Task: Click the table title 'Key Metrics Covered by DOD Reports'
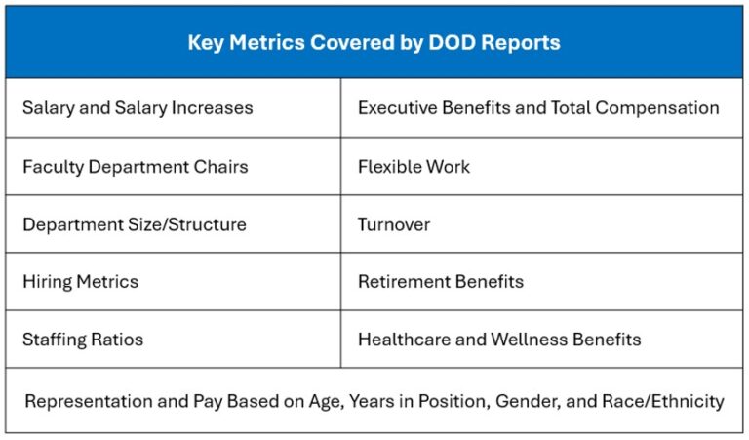click(374, 43)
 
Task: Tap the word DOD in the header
click(452, 42)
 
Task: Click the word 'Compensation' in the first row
click(657, 108)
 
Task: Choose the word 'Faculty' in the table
click(53, 167)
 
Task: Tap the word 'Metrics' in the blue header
click(267, 43)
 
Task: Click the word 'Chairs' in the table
click(220, 167)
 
